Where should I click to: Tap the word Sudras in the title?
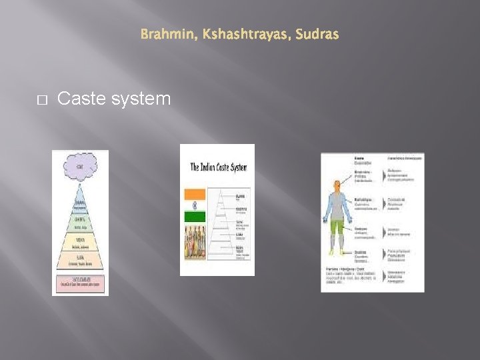point(316,34)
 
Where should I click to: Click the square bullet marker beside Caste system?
point(41,100)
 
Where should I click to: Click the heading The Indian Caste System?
point(217,167)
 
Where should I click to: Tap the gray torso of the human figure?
point(337,208)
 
